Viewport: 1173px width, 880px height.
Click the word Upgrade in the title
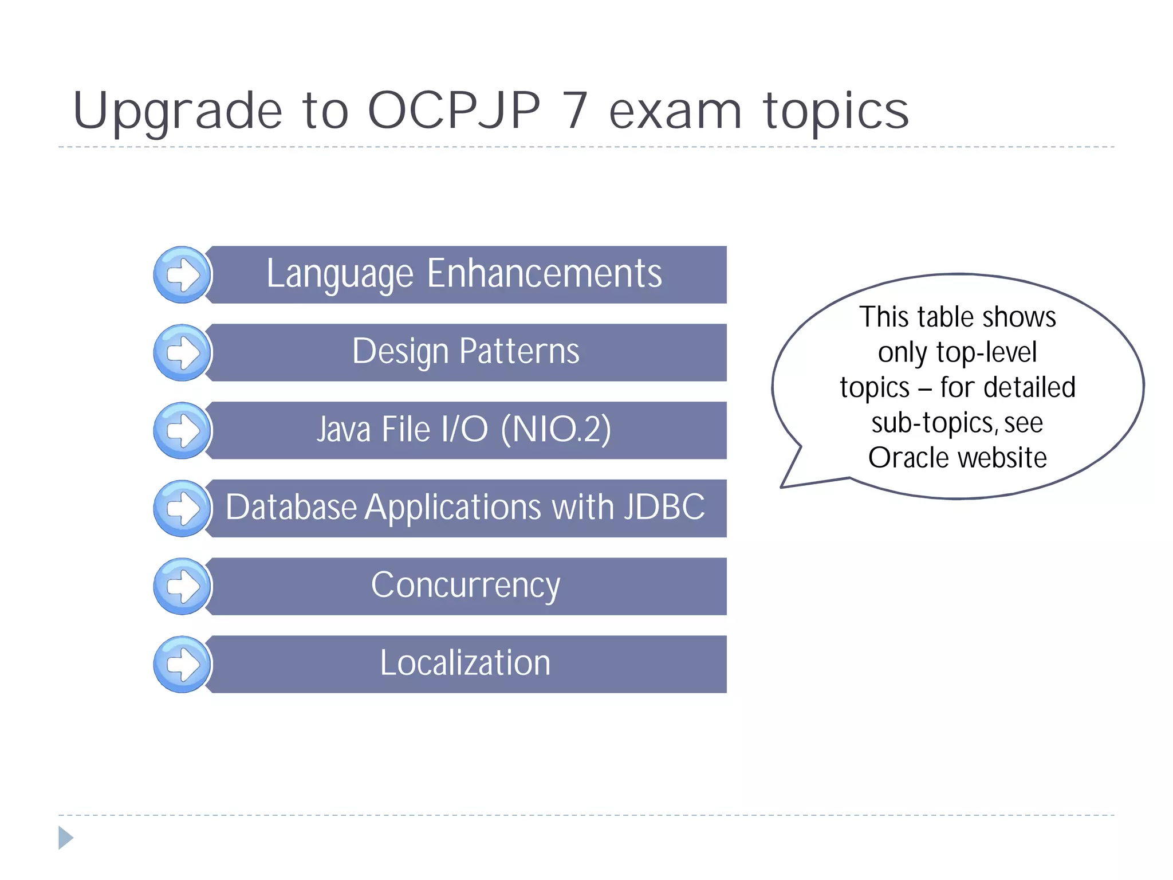pos(178,112)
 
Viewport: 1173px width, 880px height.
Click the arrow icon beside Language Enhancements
pos(183,275)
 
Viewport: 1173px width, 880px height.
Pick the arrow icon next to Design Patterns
pos(183,353)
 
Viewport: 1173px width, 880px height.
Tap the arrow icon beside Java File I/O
pos(183,431)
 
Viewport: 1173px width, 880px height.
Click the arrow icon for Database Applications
pos(183,509)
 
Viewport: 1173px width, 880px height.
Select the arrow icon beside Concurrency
pos(183,587)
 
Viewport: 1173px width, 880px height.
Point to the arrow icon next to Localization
pos(183,665)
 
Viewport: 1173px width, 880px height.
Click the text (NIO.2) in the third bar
pos(556,429)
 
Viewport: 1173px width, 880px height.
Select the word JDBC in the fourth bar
pos(664,507)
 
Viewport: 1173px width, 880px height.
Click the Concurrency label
pos(465,586)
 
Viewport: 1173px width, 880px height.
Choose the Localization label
pos(465,663)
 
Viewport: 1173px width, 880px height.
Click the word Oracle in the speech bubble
pos(902,458)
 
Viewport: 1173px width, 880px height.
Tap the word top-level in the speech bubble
pos(986,352)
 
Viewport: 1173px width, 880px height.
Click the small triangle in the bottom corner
pos(65,838)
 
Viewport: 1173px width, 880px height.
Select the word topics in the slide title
pos(836,112)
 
